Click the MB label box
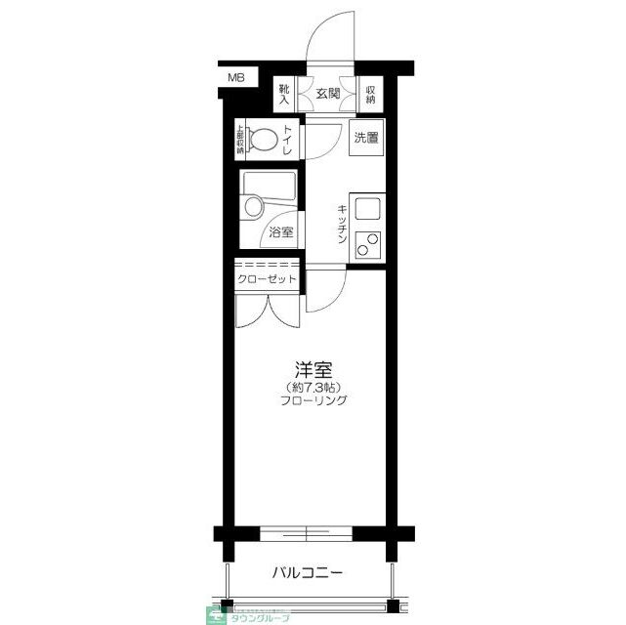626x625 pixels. pos(237,77)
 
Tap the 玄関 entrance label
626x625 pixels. pos(327,95)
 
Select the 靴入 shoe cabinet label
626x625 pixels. pos(284,95)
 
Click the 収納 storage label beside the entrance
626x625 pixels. pos(371,95)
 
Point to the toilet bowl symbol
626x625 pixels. pos(261,139)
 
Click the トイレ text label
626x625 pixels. pos(290,140)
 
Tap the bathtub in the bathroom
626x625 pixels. pos(271,186)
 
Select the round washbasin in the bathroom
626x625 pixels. pos(255,207)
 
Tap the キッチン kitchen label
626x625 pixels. pos(343,225)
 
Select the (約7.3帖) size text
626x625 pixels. pos(314,386)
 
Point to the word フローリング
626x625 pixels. pos(314,400)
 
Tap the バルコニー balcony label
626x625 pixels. pos(307,573)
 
